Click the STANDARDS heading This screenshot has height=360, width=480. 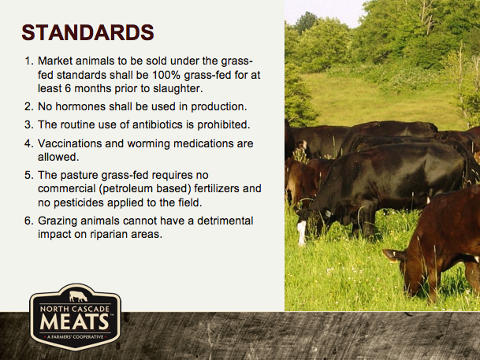pos(87,32)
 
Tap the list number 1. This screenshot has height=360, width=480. pos(28,61)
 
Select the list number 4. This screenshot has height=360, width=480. pos(28,143)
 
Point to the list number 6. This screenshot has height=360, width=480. pos(28,221)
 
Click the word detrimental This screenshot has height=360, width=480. pos(225,221)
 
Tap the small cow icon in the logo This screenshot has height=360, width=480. pos(78,296)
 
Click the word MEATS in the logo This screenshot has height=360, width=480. pos(74,321)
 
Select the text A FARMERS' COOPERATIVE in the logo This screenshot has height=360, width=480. pos(75,337)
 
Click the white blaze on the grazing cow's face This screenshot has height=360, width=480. pos(302,232)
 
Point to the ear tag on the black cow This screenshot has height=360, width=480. pos(328,213)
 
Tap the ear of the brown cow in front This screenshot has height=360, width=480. pos(393,255)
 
